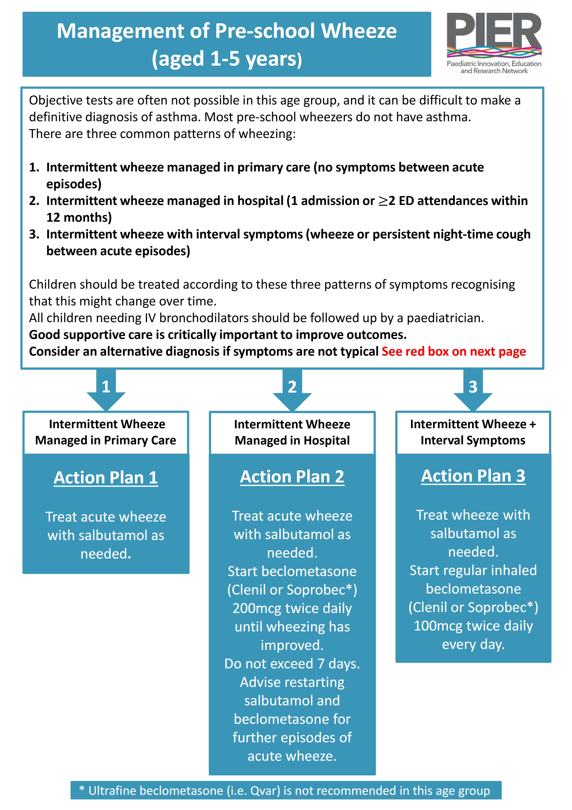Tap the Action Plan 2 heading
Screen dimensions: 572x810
click(292, 477)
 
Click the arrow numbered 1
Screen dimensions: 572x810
click(106, 390)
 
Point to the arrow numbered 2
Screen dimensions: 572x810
click(292, 390)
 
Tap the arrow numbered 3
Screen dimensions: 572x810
click(473, 390)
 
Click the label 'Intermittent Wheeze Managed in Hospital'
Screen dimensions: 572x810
click(292, 432)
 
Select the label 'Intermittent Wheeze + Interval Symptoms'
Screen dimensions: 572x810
click(473, 432)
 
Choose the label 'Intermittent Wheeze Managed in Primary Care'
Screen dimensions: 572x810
click(106, 432)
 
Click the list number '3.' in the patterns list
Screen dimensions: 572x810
click(34, 234)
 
